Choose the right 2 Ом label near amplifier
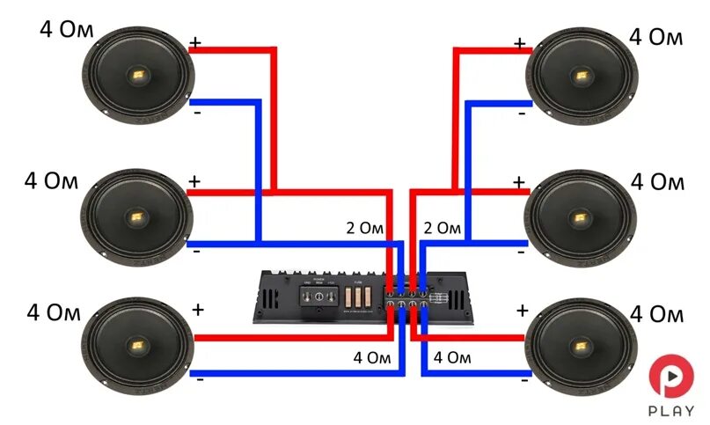click(443, 228)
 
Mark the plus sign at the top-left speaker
click(195, 40)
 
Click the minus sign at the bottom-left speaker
click(201, 379)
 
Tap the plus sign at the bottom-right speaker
click(523, 310)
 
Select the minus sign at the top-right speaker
click(522, 114)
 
